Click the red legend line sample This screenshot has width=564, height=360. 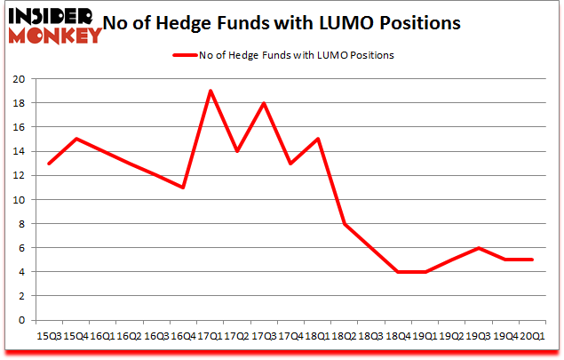(194, 55)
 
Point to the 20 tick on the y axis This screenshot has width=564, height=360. (20, 78)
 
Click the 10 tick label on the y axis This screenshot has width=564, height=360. (20, 199)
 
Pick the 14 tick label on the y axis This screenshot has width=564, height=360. (20, 151)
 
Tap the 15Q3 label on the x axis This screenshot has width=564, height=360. (49, 336)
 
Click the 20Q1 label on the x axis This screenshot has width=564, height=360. (532, 336)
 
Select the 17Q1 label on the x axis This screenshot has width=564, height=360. (210, 336)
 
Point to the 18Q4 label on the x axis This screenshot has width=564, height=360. (398, 336)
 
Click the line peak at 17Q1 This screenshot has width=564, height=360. (210, 91)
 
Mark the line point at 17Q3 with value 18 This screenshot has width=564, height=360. (264, 103)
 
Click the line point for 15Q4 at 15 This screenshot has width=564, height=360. (75, 139)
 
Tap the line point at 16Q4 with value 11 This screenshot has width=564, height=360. (183, 188)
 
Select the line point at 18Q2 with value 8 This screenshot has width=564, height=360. (345, 224)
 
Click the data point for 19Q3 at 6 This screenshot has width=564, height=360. (479, 248)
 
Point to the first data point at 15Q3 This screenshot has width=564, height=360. (49, 164)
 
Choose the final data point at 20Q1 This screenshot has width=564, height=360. (532, 260)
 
